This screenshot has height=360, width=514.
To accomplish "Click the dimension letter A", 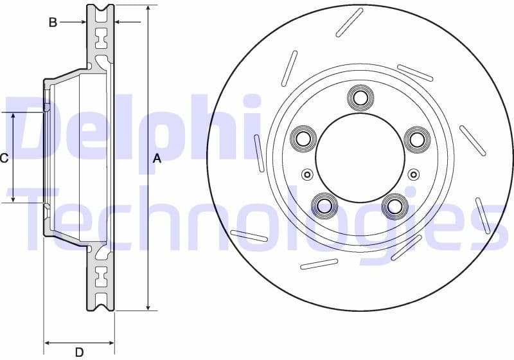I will point(156,159).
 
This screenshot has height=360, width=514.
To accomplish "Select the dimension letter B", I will point(53,22).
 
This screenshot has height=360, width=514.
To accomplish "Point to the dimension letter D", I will point(79,352).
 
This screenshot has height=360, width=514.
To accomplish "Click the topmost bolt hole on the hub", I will point(360,98).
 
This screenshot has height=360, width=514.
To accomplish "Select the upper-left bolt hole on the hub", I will point(303,138).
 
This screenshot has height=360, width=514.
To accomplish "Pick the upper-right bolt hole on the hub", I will point(416,138).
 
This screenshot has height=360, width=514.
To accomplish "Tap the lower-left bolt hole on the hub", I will point(324,206).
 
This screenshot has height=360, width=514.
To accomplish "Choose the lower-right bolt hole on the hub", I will point(394,206).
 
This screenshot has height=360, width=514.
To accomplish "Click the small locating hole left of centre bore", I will point(307,174).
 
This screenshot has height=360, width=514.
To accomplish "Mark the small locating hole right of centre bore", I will point(413,174).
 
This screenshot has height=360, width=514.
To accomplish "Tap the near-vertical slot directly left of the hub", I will point(259,153).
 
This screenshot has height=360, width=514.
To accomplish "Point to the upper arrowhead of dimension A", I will point(148,9).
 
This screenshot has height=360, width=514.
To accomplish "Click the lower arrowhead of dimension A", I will point(148,307).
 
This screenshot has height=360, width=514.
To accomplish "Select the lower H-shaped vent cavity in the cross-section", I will point(101,278).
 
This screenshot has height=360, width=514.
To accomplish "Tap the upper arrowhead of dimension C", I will point(13,116).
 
